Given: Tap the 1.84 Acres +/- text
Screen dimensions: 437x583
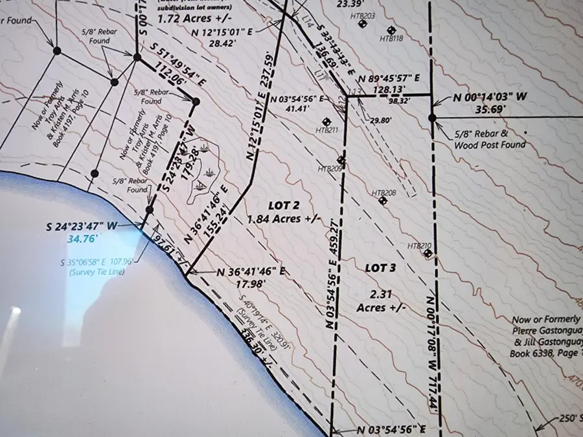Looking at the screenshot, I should point(284,219).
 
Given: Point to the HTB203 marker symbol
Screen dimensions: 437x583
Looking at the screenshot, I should point(362,24).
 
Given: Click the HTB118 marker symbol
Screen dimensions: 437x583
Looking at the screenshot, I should point(391,30).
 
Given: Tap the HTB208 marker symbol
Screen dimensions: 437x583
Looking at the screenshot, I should point(382,201).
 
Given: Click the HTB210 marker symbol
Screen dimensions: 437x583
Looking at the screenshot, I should point(428,253).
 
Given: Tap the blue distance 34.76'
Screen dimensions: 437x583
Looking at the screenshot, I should point(81,239).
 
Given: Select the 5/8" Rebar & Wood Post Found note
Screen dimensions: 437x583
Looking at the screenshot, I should point(490,140).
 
